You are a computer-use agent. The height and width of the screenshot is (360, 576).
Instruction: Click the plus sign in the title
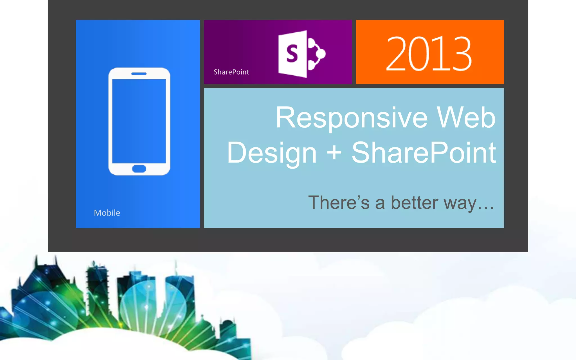point(334,153)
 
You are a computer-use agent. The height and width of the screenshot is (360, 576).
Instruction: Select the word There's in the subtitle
point(339,202)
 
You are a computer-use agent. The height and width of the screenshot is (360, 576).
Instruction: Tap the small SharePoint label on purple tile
point(231,72)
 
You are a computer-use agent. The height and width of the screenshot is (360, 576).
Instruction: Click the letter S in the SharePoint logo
point(292,53)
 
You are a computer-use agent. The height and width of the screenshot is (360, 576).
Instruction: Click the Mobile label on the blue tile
point(107,213)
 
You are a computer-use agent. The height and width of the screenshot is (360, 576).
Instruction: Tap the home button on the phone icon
point(139,169)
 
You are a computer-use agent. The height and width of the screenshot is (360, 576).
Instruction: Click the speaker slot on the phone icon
point(139,74)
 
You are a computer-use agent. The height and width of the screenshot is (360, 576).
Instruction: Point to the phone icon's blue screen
point(139,121)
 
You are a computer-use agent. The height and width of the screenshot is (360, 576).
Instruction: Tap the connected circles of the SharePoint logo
point(316,53)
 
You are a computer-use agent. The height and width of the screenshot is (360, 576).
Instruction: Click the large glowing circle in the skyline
point(153,305)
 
